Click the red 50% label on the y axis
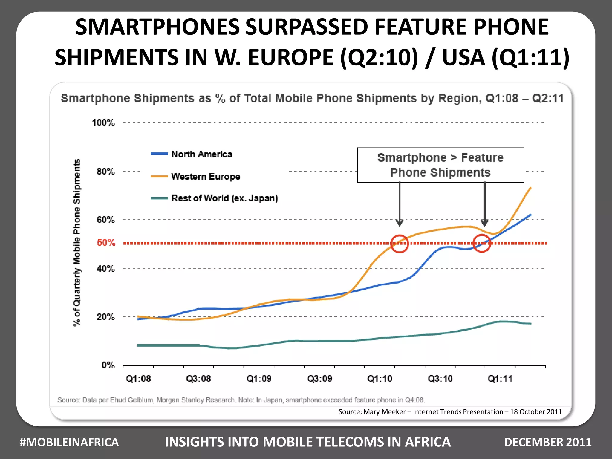tap(106, 243)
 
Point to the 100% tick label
tap(103, 123)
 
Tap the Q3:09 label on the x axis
tap(319, 379)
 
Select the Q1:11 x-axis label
tap(500, 379)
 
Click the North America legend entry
tap(201, 154)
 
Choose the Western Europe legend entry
tap(205, 176)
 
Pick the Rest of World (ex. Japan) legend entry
tap(224, 198)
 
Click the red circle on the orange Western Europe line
tap(400, 244)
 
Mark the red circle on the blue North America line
tap(482, 243)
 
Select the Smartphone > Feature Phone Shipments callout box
tap(440, 165)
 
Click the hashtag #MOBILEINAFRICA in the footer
tap(69, 442)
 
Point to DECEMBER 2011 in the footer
tap(548, 442)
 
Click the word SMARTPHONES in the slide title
tap(157, 27)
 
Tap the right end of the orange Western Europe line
tap(530, 188)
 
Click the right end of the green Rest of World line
tap(530, 324)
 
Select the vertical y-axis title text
tap(77, 243)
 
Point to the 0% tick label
tap(108, 365)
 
